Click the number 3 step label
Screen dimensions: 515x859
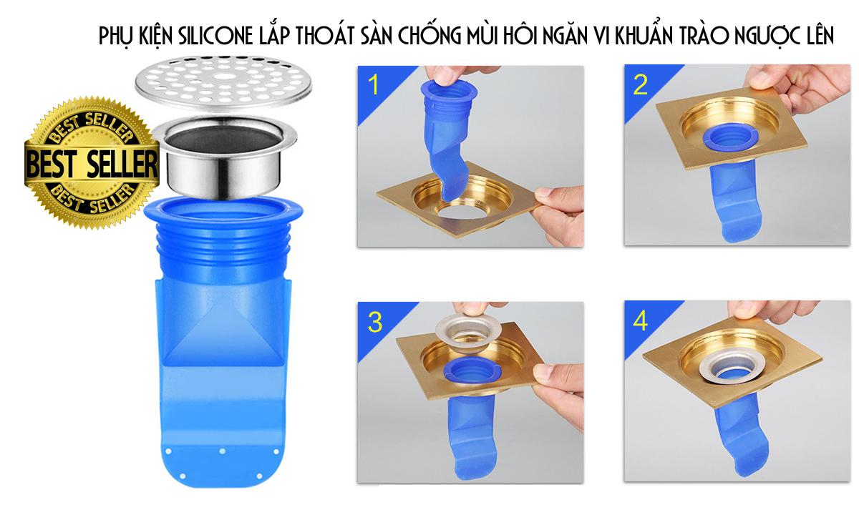pos(374,321)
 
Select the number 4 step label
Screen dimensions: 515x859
pos(640,321)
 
